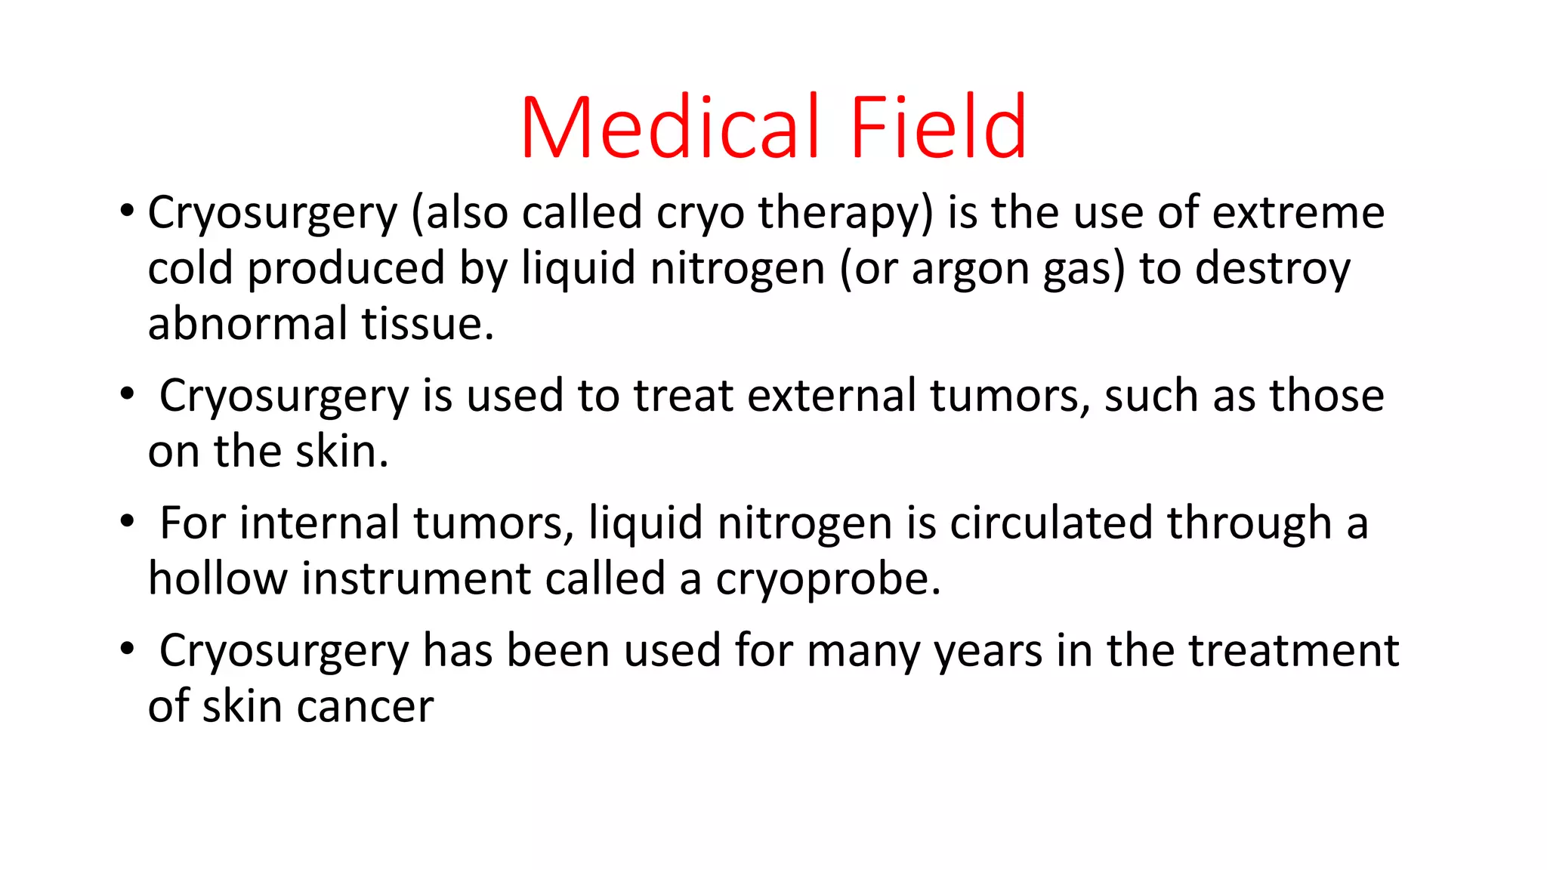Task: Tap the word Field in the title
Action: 937,128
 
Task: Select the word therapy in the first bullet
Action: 846,214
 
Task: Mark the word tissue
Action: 428,324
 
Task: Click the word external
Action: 831,396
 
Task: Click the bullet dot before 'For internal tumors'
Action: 127,521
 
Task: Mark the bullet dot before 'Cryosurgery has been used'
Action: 127,649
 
